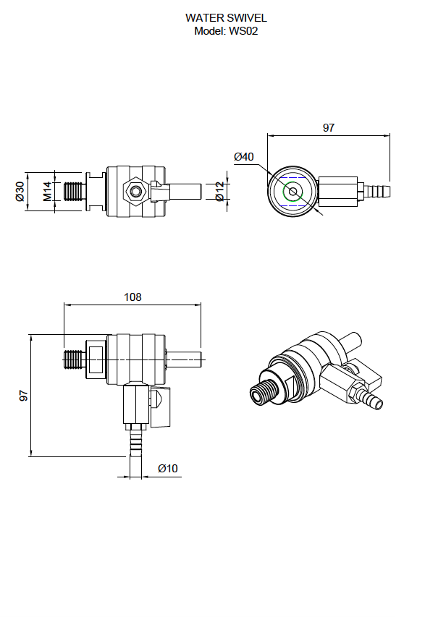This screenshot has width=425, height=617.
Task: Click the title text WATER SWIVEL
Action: pyautogui.click(x=226, y=17)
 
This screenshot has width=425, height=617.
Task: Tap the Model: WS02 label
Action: pyautogui.click(x=226, y=31)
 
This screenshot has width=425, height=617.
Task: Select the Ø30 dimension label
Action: pyautogui.click(x=20, y=191)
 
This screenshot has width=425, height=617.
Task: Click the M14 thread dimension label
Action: pyautogui.click(x=48, y=191)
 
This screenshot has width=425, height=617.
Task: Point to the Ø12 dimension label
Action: pyautogui.click(x=220, y=191)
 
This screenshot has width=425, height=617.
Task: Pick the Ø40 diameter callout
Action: pyautogui.click(x=244, y=157)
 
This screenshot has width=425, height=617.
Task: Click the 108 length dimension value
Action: pyautogui.click(x=132, y=297)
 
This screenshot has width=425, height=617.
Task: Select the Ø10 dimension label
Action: pyautogui.click(x=168, y=469)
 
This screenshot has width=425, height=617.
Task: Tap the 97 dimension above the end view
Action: pyautogui.click(x=329, y=128)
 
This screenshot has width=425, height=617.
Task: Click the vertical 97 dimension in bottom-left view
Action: pyautogui.click(x=24, y=396)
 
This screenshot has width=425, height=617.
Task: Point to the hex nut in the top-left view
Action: pyautogui.click(x=136, y=192)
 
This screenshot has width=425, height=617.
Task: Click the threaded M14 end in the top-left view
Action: pyautogui.click(x=73, y=192)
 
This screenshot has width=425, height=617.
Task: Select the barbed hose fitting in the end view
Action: pyautogui.click(x=377, y=192)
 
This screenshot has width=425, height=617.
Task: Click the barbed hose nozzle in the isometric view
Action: pyautogui.click(x=372, y=399)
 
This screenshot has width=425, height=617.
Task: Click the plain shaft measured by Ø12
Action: pyautogui.click(x=185, y=192)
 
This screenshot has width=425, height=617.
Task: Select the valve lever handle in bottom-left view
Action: pyautogui.click(x=161, y=407)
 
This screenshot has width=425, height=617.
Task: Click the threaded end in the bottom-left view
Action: pyautogui.click(x=74, y=359)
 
